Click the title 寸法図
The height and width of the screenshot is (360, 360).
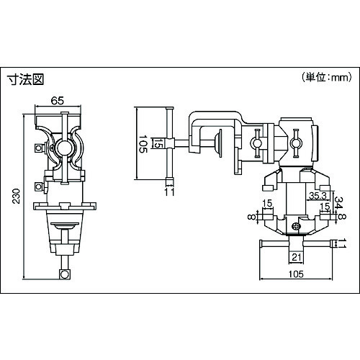25,79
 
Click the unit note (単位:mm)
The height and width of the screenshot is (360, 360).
326,77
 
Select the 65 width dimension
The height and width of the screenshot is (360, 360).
58,101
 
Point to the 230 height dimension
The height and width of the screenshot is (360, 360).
17,196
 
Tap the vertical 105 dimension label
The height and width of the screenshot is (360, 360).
143,144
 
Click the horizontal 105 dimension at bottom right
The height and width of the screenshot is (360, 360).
296,274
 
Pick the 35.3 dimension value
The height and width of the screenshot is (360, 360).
318,196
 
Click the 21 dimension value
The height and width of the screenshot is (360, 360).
297,258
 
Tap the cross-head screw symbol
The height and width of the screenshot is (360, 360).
296,226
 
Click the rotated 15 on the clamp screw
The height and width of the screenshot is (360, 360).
157,143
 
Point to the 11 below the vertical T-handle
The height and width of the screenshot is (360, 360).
170,192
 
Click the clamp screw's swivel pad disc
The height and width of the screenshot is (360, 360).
219,143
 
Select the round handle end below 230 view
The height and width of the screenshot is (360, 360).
65,274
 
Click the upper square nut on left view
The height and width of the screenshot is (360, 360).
39,148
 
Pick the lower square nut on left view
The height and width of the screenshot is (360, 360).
39,186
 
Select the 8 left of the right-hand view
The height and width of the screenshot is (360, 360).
251,217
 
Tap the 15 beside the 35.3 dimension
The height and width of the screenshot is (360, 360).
325,206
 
